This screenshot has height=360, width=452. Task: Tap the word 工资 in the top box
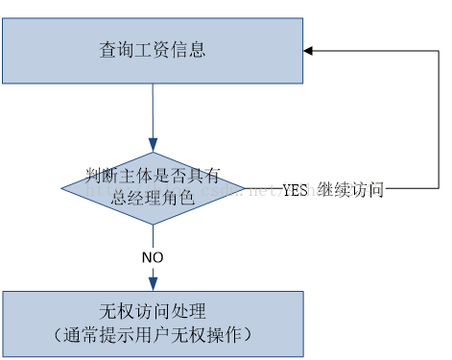click(x=153, y=49)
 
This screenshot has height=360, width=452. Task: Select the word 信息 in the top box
click(x=188, y=49)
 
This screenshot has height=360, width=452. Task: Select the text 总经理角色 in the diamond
click(x=153, y=198)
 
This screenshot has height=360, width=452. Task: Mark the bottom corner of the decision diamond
click(x=153, y=224)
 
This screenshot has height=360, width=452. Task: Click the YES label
click(x=296, y=190)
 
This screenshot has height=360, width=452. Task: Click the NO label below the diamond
click(x=153, y=257)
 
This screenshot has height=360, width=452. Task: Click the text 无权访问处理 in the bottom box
click(x=153, y=312)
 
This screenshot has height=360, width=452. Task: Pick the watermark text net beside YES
click(x=261, y=190)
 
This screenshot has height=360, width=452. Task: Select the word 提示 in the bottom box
click(x=124, y=335)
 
